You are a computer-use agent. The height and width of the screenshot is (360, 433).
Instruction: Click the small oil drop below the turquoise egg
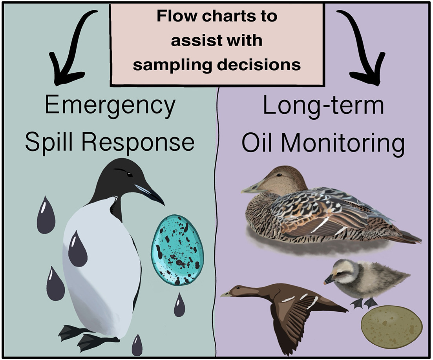tap(179, 305)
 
